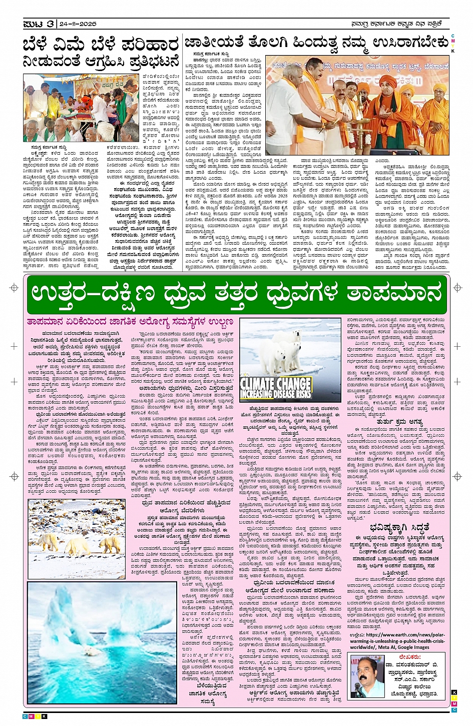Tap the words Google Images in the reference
click(x=413, y=647)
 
